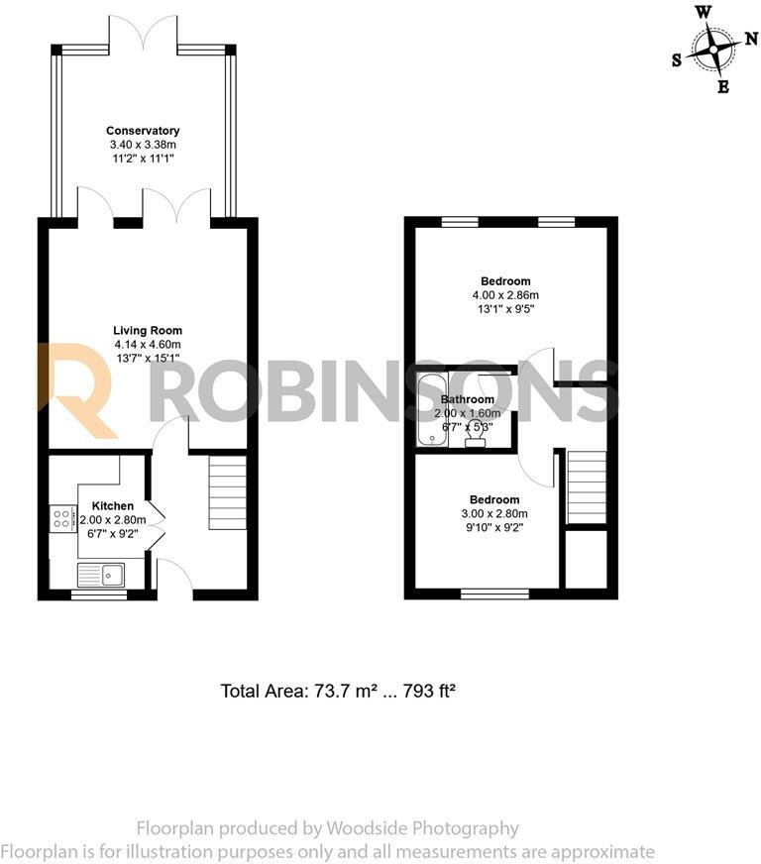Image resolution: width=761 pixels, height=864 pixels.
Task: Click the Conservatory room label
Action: click(x=144, y=131)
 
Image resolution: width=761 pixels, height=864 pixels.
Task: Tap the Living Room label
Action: click(x=148, y=331)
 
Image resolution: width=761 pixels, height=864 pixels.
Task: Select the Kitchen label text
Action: click(x=112, y=506)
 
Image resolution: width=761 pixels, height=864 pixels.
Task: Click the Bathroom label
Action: click(x=468, y=400)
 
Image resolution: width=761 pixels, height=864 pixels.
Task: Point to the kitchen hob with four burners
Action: click(x=62, y=518)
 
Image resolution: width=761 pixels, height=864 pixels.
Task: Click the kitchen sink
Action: click(x=100, y=574)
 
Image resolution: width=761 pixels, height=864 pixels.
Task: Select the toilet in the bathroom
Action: click(x=476, y=437)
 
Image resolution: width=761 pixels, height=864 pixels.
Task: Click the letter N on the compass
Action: click(x=750, y=39)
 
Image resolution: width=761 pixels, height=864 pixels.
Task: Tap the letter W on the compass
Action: click(x=703, y=12)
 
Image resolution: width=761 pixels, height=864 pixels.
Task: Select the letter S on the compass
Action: click(x=677, y=59)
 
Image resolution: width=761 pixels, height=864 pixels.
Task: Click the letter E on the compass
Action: click(x=723, y=87)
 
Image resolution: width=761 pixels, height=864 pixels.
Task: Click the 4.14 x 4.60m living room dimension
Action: click(x=148, y=345)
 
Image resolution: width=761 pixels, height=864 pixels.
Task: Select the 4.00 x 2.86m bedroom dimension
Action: click(x=505, y=294)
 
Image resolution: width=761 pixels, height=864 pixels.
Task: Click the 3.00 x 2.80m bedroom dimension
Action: click(x=493, y=513)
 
